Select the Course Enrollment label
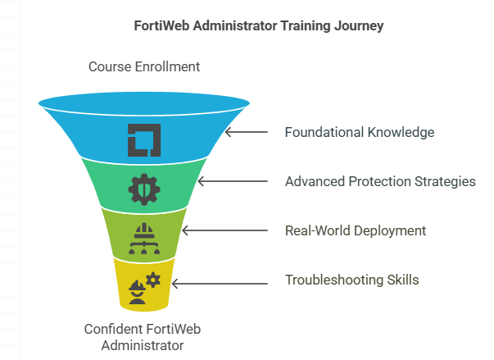click(144, 66)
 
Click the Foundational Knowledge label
click(360, 132)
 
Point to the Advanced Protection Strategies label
click(380, 181)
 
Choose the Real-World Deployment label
click(356, 230)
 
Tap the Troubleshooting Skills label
click(352, 280)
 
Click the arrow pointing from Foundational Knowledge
click(246, 132)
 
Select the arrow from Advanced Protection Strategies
click(232, 181)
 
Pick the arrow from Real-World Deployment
click(224, 230)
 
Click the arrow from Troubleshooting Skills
click(220, 284)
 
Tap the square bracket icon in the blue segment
click(144, 140)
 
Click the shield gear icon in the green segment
click(144, 189)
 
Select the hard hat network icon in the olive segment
click(144, 239)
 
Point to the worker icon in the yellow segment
click(138, 293)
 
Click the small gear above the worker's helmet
click(153, 280)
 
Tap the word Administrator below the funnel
click(143, 345)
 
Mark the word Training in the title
click(306, 26)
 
